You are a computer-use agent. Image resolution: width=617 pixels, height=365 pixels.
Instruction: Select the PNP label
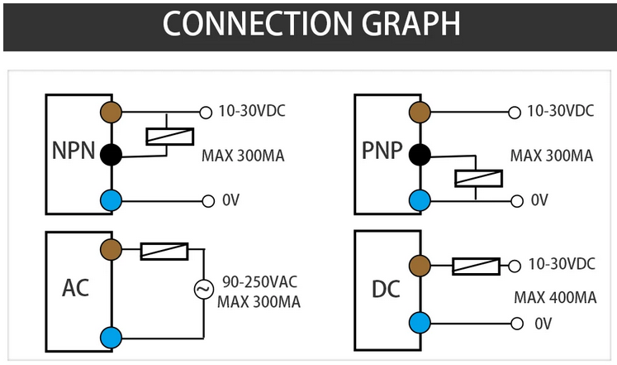point(382,152)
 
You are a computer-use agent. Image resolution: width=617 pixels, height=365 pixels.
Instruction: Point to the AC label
point(75,288)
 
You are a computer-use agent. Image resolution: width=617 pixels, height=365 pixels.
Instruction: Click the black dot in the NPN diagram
point(111,154)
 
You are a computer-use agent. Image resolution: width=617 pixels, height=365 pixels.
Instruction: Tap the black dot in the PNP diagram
point(420,154)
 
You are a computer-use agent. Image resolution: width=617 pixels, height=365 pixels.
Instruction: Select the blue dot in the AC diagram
point(111,337)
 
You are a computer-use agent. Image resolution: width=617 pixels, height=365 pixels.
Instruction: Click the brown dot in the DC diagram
point(420,266)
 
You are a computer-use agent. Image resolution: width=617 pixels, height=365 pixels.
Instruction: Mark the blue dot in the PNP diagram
point(420,199)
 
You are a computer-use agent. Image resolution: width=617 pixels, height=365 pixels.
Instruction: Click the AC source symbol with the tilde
point(203,289)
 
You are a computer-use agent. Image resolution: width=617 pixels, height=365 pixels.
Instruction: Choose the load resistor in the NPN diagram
point(169,136)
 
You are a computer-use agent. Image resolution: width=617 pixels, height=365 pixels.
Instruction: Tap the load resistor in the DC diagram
point(476,266)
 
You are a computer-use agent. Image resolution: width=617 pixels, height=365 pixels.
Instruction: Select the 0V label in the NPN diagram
point(230,200)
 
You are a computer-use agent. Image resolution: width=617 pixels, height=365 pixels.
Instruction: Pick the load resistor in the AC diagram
point(164,251)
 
